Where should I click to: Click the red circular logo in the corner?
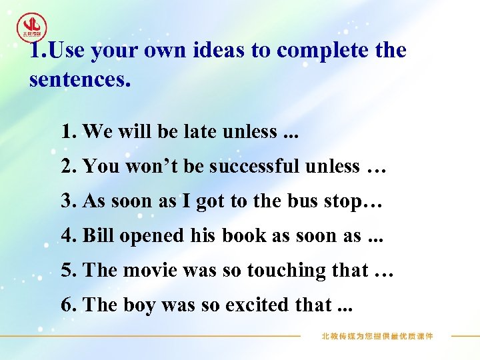click(32, 27)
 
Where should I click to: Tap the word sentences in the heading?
click(78, 80)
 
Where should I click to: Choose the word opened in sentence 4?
click(148, 236)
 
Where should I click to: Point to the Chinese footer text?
click(377, 337)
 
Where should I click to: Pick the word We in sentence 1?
click(97, 132)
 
